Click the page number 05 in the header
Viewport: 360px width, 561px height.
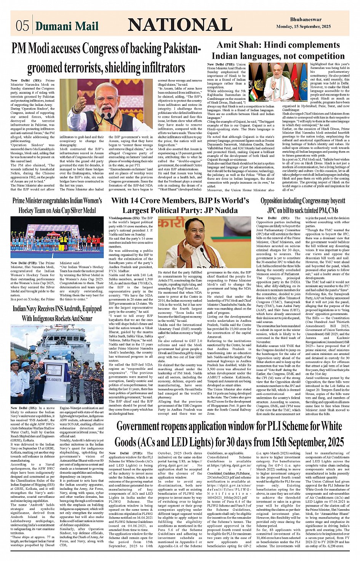tap(22, 26)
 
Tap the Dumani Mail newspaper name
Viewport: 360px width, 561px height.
tap(67, 26)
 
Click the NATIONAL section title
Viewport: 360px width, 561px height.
tap(180, 25)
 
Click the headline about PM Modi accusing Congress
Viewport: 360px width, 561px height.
tap(106, 58)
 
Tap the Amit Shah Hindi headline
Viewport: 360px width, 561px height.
tap(278, 50)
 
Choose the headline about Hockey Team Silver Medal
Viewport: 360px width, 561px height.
tap(57, 205)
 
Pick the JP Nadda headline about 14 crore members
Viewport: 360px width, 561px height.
tap(180, 205)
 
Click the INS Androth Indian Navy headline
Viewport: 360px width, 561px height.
tap(57, 313)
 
